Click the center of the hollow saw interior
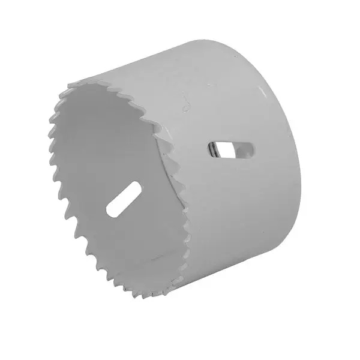click(x=114, y=180)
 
